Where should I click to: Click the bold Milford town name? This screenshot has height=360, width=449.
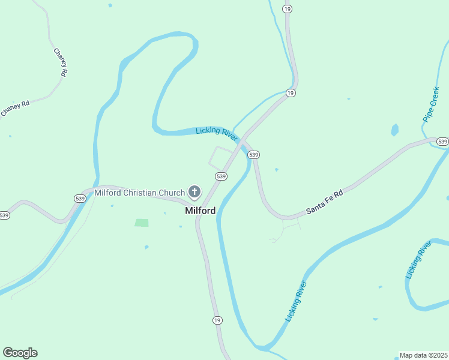tap(200, 211)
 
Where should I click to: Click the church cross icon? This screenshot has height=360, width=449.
tap(194, 192)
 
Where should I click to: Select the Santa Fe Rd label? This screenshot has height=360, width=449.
tap(324, 202)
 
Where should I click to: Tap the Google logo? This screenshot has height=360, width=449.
tap(20, 353)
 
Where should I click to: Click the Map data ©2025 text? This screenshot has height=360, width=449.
tap(423, 355)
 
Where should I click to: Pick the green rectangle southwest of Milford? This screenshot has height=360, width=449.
tap(142, 223)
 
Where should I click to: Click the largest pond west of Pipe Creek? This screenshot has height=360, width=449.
tap(394, 130)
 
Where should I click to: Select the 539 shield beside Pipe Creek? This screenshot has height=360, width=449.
tap(442, 142)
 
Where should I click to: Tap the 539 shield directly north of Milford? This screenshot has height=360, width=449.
tap(221, 176)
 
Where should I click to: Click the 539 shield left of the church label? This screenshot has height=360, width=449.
tap(80, 198)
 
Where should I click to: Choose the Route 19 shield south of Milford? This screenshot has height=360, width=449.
tap(217, 320)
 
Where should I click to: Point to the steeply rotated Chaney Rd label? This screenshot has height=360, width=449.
tap(59, 62)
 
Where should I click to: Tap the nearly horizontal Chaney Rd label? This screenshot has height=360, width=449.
tap(14, 109)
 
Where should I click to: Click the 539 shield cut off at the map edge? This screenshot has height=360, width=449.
tap(4, 215)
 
